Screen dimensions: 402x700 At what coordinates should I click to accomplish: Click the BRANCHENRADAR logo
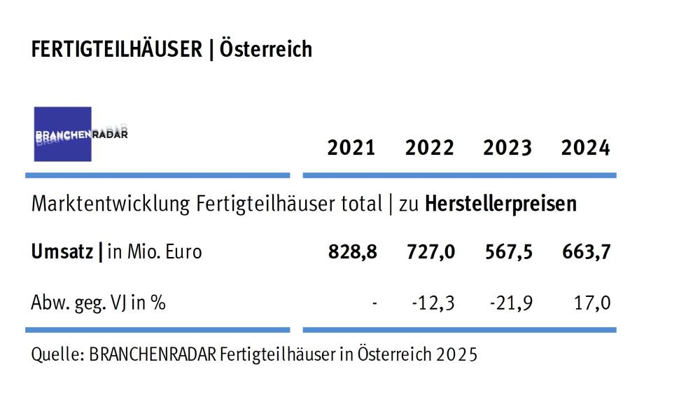coord(64,134)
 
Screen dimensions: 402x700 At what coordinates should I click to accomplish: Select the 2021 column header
coord(351,148)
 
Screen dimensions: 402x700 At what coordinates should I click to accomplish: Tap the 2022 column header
coord(429,148)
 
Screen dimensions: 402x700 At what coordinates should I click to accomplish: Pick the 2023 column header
coord(507,148)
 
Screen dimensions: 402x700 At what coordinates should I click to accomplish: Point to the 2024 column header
coord(585,148)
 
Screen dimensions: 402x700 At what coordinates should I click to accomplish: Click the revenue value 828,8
coord(352,252)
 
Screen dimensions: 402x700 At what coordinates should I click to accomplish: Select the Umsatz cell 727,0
coord(430,252)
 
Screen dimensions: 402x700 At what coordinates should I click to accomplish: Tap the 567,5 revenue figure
coord(508,252)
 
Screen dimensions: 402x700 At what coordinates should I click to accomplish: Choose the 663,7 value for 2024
coord(587,252)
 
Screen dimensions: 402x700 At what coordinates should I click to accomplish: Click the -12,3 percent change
coord(434,303)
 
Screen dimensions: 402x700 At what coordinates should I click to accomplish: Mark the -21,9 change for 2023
coord(512,303)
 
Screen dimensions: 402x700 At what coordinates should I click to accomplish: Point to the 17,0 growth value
coord(591,303)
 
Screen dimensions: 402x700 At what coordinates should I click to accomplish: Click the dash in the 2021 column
coord(376,304)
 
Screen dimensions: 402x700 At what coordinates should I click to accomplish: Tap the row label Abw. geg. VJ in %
coord(99,303)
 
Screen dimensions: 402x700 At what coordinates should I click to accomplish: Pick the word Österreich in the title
coord(265,50)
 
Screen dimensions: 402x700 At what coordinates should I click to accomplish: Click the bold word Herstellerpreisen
coord(501,204)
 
